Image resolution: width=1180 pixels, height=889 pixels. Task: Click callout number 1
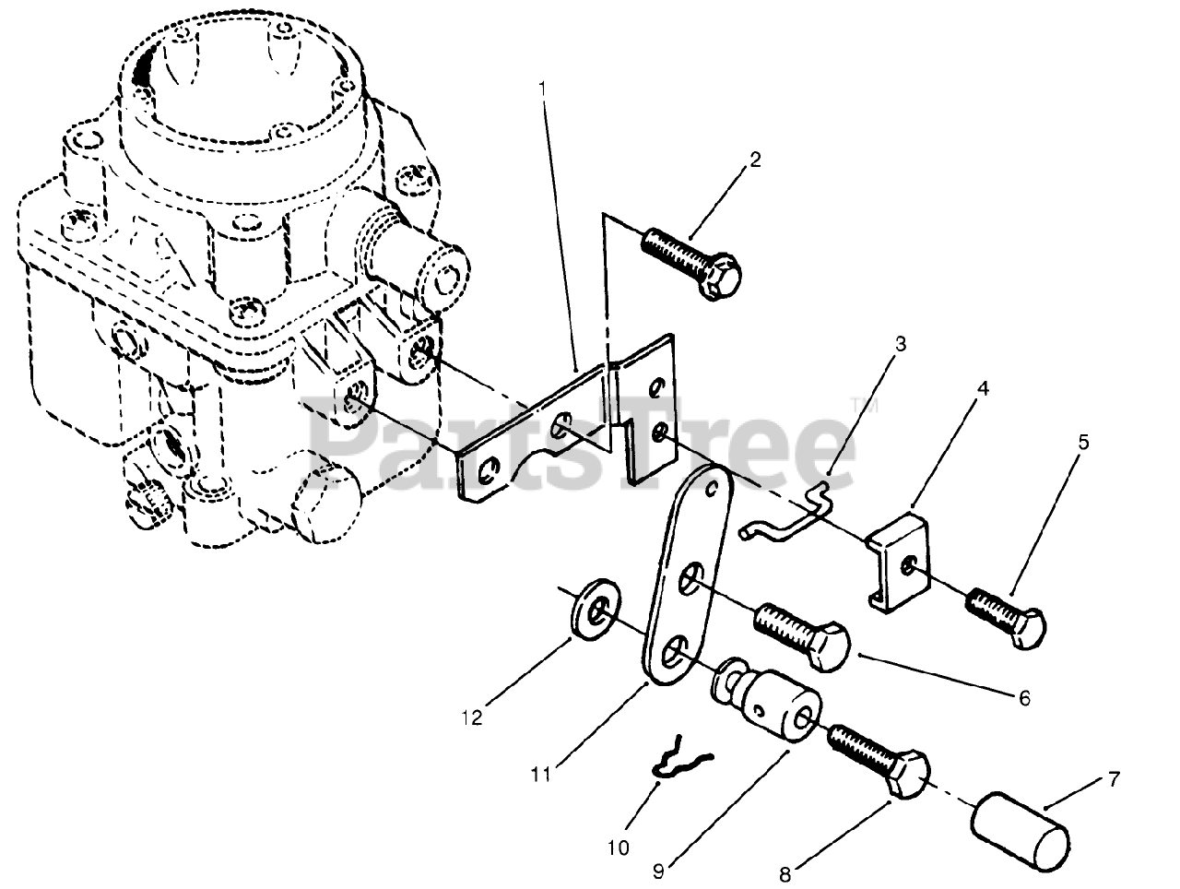543,89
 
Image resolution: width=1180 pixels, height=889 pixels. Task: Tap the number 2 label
755,159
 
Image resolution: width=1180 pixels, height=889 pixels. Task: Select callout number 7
1115,780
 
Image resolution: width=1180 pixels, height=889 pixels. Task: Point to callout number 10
619,847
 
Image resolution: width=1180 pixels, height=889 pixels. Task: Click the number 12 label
473,717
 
